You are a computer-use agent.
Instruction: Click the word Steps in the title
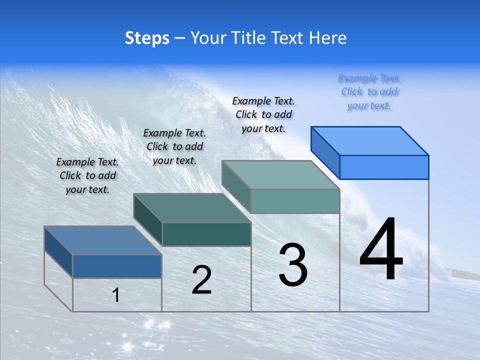(x=147, y=38)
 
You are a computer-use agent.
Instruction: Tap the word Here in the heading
(x=328, y=38)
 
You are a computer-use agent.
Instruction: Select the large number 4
(x=381, y=250)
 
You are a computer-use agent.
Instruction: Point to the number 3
(x=293, y=265)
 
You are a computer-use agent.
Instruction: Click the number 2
(x=201, y=280)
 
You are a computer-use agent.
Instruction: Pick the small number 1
(x=116, y=295)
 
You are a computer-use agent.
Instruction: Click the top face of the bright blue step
(x=369, y=140)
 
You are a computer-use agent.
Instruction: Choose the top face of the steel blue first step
(x=103, y=240)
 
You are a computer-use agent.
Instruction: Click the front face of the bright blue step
(x=384, y=167)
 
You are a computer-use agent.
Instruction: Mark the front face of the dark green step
(x=206, y=234)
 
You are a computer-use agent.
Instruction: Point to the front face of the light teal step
(x=295, y=201)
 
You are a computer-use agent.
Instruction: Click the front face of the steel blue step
(x=117, y=266)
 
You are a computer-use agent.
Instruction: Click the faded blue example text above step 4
(x=369, y=92)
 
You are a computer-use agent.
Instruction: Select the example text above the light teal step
(x=263, y=114)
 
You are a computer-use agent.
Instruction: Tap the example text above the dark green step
(x=174, y=146)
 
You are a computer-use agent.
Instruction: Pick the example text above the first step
(x=87, y=175)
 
